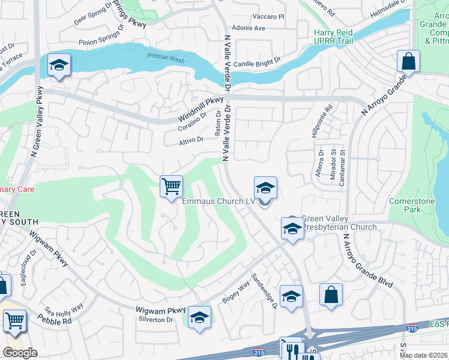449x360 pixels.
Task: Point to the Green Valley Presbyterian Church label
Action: point(339,223)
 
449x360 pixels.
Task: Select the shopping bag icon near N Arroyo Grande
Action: point(408,61)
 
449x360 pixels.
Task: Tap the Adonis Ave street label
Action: point(252,28)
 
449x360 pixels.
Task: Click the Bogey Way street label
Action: point(235,292)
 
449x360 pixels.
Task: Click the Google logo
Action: point(20,353)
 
